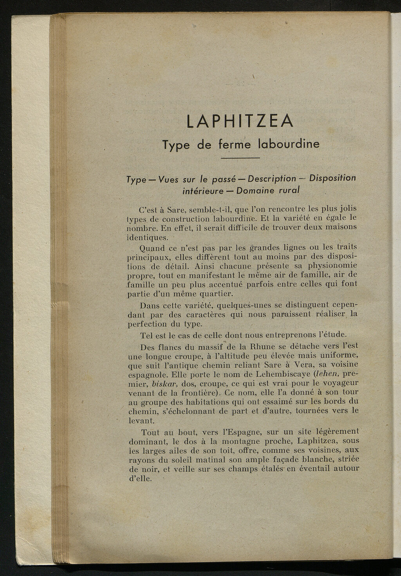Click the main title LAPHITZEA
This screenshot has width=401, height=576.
click(240, 121)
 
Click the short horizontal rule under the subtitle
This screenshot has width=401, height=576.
click(240, 158)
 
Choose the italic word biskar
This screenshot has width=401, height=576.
click(164, 383)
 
